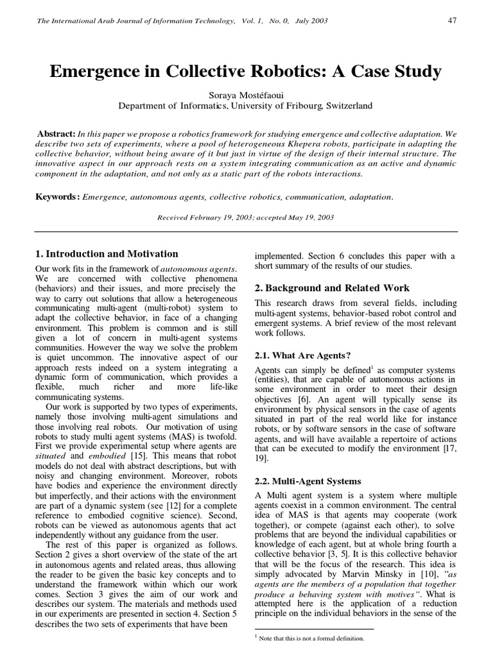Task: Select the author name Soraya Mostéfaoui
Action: coord(246,95)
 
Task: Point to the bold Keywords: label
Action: coord(57,196)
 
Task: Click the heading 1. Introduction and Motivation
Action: coord(106,254)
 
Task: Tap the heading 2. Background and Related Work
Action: coord(332,288)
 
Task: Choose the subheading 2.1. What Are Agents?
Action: coord(303,355)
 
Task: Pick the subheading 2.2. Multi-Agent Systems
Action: coord(308,481)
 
